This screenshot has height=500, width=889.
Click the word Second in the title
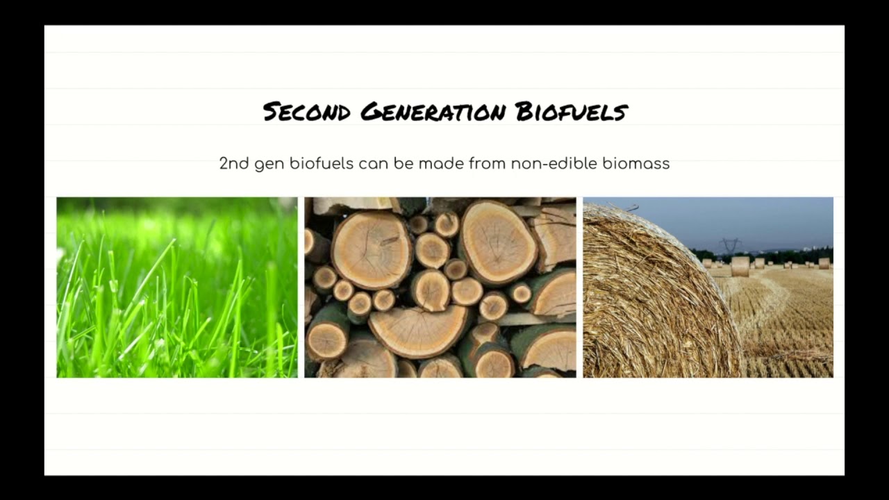coord(307,112)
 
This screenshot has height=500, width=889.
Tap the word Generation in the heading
coord(433,112)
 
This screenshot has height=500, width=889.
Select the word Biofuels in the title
coord(572,112)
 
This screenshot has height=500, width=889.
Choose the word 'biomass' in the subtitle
coord(636,163)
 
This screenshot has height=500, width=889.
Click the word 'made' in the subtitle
coord(441,163)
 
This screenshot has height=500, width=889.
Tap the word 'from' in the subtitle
coord(487,163)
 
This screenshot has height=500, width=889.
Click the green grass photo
coord(177,287)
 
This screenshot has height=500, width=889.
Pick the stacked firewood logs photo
coord(440,287)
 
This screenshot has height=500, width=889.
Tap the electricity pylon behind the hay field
coord(729,246)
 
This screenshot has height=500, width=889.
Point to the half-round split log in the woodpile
coord(419,331)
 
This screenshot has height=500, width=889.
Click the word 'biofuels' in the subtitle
coord(322,163)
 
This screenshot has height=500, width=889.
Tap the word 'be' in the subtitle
coord(404,163)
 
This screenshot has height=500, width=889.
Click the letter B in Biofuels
coord(524,112)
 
